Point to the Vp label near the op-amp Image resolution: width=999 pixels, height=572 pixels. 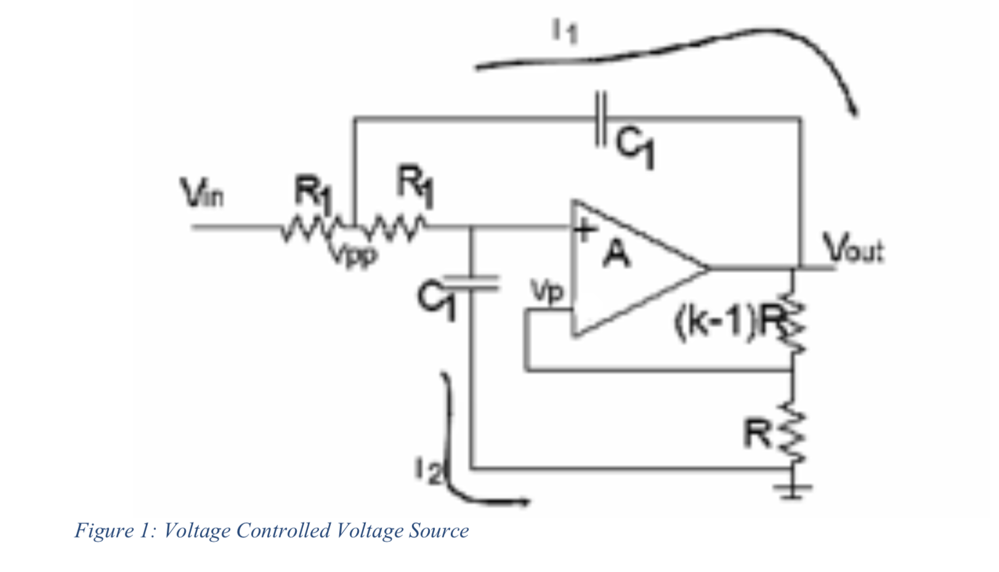coord(547,292)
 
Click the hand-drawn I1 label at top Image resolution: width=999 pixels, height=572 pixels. coord(565,31)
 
